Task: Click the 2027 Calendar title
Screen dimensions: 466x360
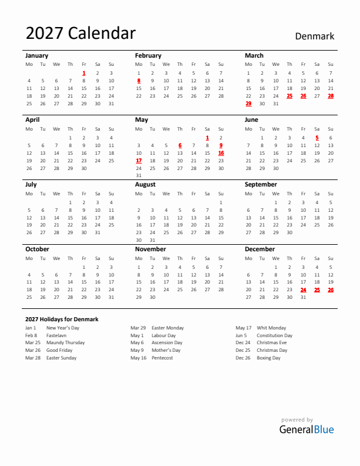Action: [81, 34]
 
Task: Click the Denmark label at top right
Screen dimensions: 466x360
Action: [314, 36]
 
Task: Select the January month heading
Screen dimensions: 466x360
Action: [37, 55]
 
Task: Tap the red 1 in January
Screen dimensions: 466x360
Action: [84, 73]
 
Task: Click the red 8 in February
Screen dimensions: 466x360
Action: [139, 81]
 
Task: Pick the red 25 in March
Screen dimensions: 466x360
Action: [289, 96]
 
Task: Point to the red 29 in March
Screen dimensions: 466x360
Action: [248, 104]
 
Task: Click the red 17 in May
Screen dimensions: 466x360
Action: [139, 160]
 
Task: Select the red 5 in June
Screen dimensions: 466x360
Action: [317, 138]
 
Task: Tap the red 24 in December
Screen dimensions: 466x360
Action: [304, 289]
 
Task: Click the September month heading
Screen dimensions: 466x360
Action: [261, 184]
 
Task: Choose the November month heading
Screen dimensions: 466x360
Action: [151, 249]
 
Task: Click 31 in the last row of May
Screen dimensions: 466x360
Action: [139, 175]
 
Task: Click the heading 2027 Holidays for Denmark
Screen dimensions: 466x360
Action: [62, 319]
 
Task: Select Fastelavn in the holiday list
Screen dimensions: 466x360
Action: [56, 335]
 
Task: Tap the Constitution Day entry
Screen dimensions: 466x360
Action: [274, 335]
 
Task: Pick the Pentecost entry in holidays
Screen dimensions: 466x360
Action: [162, 358]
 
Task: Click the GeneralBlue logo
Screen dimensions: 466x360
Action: [306, 429]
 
